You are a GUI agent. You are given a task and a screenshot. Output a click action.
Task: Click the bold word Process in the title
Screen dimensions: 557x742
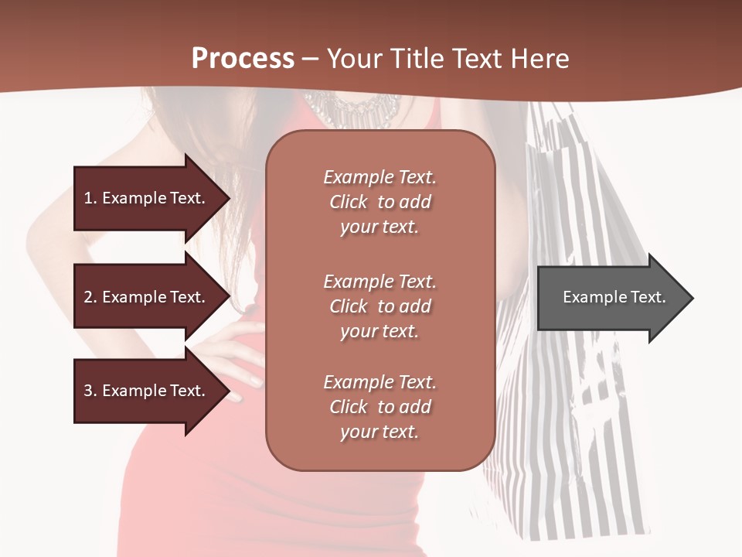click(x=243, y=59)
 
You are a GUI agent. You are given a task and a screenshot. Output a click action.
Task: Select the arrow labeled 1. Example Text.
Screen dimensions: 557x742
click(x=147, y=198)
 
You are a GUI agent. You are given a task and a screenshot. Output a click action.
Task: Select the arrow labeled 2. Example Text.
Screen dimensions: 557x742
click(x=147, y=297)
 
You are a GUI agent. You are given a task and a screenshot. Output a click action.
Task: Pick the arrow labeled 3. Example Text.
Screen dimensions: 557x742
click(x=147, y=391)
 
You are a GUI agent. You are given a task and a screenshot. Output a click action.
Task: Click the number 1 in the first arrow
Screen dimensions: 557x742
click(x=87, y=198)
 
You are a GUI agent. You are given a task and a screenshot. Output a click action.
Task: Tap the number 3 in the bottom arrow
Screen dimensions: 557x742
click(x=87, y=391)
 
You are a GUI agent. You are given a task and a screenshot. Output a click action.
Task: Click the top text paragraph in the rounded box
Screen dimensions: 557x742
click(x=380, y=202)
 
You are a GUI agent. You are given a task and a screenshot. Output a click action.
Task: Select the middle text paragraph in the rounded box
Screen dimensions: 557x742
click(x=380, y=306)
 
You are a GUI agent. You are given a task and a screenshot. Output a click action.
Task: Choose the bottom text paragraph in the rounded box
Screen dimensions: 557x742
click(x=380, y=407)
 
